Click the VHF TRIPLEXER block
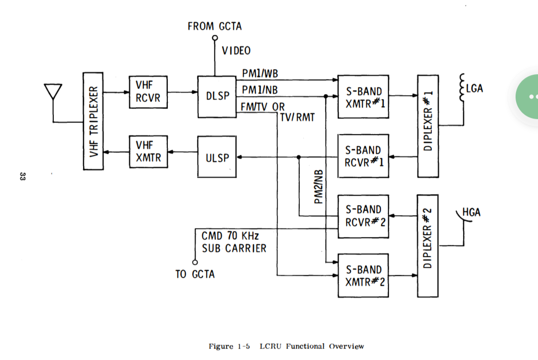(x=93, y=120)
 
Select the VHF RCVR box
(x=148, y=93)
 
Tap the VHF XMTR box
(x=148, y=152)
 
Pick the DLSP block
(x=217, y=97)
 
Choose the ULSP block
(x=217, y=158)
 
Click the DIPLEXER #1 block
(x=427, y=125)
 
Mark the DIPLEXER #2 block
(x=427, y=245)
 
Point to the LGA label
(x=474, y=89)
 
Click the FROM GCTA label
(x=215, y=26)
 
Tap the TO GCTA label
(x=195, y=274)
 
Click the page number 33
(x=22, y=176)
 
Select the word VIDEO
(x=236, y=50)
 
